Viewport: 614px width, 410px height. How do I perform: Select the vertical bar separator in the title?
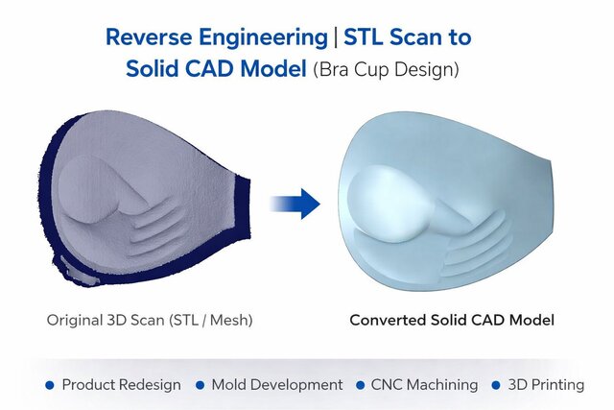click(x=332, y=37)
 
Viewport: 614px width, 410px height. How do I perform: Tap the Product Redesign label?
click(x=121, y=384)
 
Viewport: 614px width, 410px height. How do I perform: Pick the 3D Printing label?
click(x=546, y=384)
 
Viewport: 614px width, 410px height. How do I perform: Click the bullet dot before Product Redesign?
click(x=50, y=385)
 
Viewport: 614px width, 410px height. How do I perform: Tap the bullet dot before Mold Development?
click(x=201, y=385)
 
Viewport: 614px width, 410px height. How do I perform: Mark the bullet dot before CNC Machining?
click(x=363, y=385)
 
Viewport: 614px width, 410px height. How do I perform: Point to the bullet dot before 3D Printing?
click(x=497, y=385)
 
